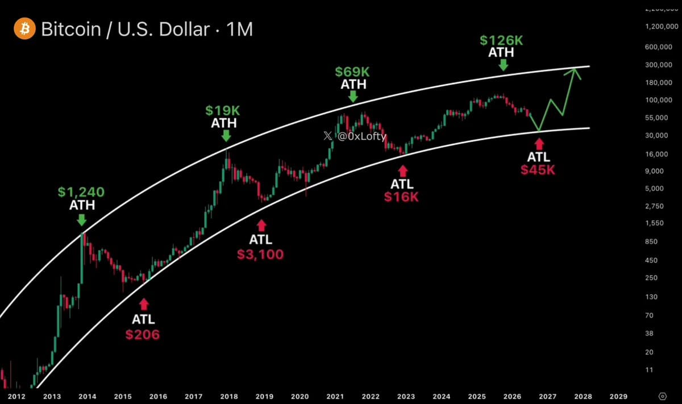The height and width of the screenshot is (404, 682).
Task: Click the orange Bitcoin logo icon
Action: [24, 28]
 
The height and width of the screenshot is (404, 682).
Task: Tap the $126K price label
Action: [501, 40]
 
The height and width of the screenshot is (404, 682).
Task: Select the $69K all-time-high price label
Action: [352, 72]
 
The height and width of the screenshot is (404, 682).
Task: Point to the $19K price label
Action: [223, 110]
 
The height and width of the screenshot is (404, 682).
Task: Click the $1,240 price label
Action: [81, 192]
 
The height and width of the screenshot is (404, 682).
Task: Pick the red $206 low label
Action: [143, 335]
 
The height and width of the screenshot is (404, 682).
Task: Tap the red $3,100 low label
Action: [260, 255]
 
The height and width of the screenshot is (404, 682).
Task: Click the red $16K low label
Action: [401, 197]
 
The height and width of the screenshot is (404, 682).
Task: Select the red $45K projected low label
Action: [538, 170]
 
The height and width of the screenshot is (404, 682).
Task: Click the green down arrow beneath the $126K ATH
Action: [504, 65]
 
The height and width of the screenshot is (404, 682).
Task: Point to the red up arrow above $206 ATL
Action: [144, 304]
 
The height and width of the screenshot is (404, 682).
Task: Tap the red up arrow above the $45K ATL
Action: [539, 144]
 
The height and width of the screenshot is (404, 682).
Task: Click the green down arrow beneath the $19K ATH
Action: [226, 136]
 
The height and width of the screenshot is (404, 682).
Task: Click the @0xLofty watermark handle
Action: [361, 136]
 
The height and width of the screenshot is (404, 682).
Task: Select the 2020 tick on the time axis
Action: [300, 397]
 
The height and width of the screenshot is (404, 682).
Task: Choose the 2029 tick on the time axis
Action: [618, 397]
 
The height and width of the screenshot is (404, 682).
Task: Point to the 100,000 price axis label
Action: [659, 100]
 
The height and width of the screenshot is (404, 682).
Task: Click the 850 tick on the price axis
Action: [651, 241]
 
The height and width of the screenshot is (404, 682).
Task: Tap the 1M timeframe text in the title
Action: [240, 29]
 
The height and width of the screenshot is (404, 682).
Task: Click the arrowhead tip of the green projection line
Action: [575, 69]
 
